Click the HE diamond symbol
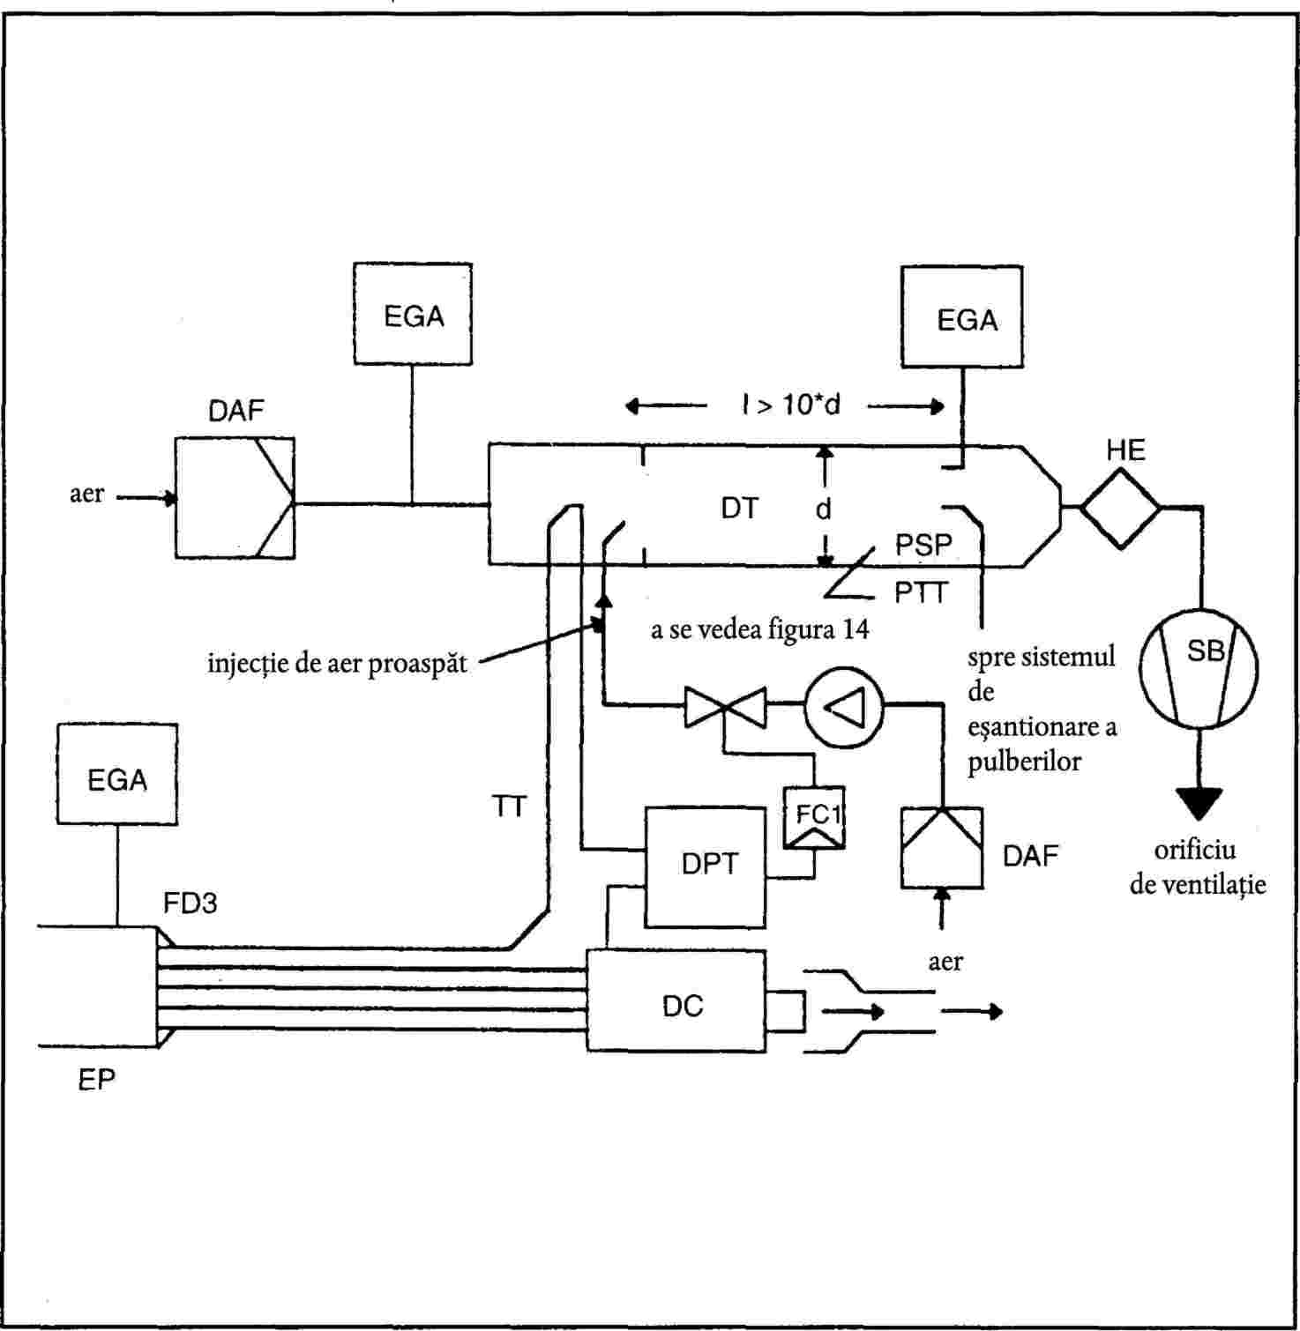point(1120,508)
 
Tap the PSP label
point(923,545)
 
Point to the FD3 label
point(190,903)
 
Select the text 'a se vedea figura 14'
point(760,629)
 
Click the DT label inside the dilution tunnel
point(739,509)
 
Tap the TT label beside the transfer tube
point(510,806)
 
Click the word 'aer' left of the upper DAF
point(86,494)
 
